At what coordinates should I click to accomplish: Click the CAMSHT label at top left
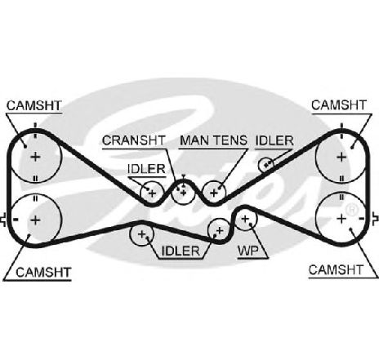pyautogui.click(x=34, y=105)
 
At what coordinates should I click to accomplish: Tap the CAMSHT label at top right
pyautogui.click(x=339, y=105)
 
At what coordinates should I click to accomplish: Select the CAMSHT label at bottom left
pyautogui.click(x=43, y=272)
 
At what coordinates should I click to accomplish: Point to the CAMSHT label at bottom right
pyautogui.click(x=336, y=270)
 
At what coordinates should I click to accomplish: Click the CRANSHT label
pyautogui.click(x=134, y=140)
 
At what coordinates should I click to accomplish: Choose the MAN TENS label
pyautogui.click(x=213, y=140)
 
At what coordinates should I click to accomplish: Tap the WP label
pyautogui.click(x=247, y=251)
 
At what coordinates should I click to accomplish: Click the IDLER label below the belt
pyautogui.click(x=181, y=251)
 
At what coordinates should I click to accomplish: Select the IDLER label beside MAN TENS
pyautogui.click(x=274, y=140)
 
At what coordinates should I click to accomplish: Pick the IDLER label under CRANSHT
pyautogui.click(x=146, y=169)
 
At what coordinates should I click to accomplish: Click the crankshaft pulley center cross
pyautogui.click(x=183, y=193)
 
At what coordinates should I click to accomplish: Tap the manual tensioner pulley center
pyautogui.click(x=214, y=193)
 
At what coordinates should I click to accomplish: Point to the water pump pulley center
pyautogui.click(x=245, y=219)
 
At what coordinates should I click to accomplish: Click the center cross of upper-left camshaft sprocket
pyautogui.click(x=35, y=157)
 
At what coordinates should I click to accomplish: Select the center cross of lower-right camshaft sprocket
pyautogui.click(x=341, y=219)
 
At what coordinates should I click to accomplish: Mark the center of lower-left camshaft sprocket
pyautogui.click(x=35, y=220)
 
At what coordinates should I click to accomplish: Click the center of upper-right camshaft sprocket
pyautogui.click(x=341, y=157)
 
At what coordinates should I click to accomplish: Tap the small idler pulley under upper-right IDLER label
pyautogui.click(x=266, y=164)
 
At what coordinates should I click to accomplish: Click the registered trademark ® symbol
pyautogui.click(x=352, y=210)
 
